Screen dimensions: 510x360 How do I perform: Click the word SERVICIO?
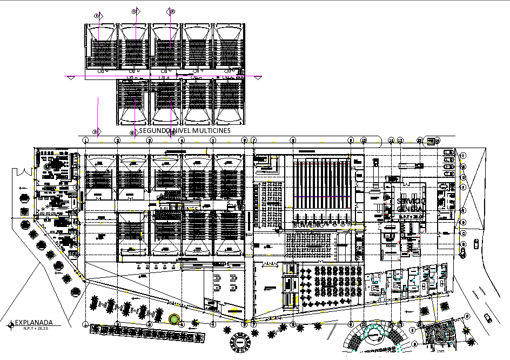click(411, 201)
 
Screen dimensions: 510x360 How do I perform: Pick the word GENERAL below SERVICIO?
click(410, 209)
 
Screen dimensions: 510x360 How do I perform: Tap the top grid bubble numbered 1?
click(86, 141)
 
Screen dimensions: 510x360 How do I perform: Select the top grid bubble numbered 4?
click(182, 141)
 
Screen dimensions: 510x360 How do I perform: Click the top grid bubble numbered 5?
click(213, 141)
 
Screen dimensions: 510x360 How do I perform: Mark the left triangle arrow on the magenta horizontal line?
click(70, 77)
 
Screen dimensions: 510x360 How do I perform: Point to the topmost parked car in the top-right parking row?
click(448, 152)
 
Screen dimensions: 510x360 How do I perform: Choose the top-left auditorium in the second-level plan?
click(100, 46)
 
